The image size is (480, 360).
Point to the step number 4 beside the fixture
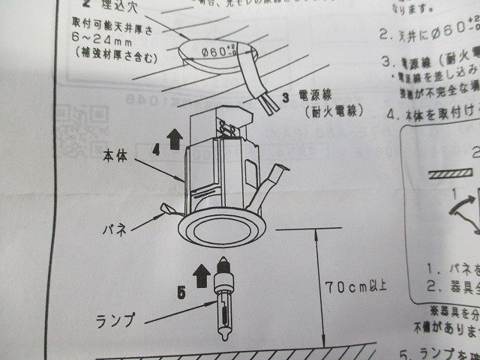[x=155, y=148]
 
